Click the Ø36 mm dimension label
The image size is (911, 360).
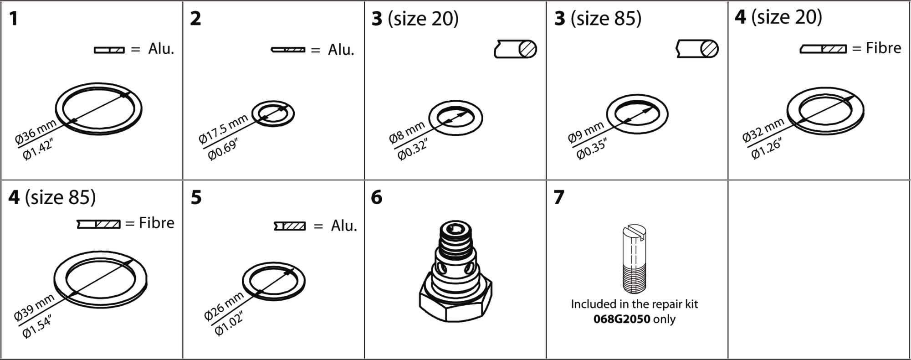pyautogui.click(x=36, y=132)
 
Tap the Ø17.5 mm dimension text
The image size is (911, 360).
pyautogui.click(x=223, y=129)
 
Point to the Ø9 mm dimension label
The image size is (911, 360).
pyautogui.click(x=586, y=132)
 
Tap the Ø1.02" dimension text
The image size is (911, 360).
pyautogui.click(x=229, y=323)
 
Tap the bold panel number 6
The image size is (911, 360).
pyautogui.click(x=377, y=197)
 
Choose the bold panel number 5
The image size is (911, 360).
pyautogui.click(x=196, y=197)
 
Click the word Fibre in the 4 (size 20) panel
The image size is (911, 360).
pyautogui.click(x=883, y=48)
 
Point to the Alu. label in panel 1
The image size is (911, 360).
pyautogui.click(x=161, y=49)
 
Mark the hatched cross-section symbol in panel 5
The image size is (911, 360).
pyautogui.click(x=290, y=226)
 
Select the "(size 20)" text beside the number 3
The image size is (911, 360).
pyautogui.click(x=423, y=18)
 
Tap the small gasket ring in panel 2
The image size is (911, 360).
pyautogui.click(x=273, y=113)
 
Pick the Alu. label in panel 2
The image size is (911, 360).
pyautogui.click(x=341, y=50)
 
